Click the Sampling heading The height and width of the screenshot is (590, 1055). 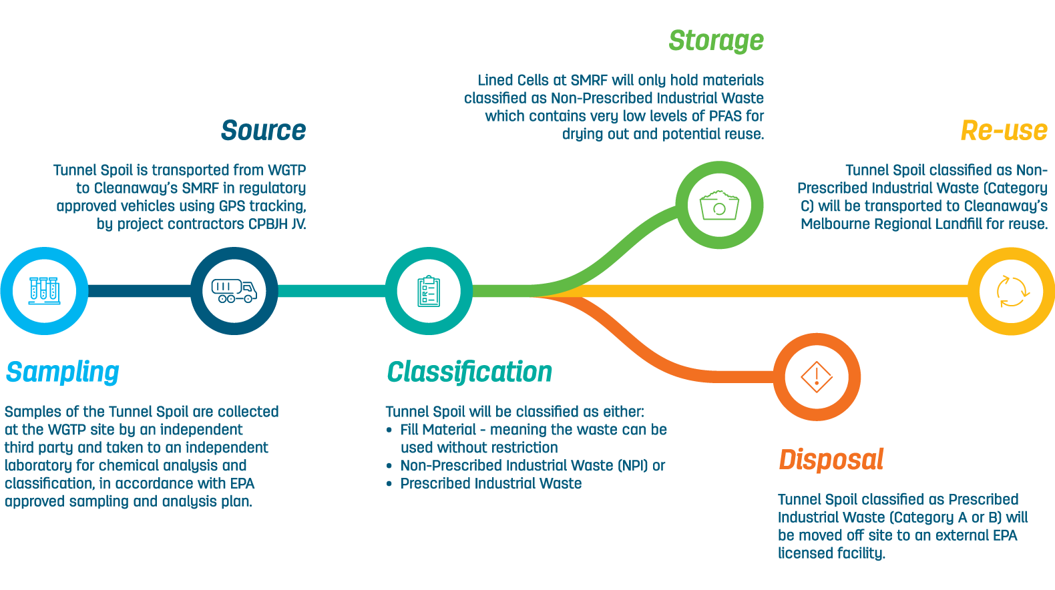tap(63, 372)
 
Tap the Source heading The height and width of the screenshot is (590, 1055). tap(263, 130)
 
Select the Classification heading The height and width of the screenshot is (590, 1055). tap(469, 372)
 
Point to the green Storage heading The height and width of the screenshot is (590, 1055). tap(716, 41)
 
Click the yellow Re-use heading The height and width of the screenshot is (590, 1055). tap(1004, 130)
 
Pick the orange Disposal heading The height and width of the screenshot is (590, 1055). tap(831, 459)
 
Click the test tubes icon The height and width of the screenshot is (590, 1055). tap(44, 291)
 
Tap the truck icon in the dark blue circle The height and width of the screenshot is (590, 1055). tap(234, 290)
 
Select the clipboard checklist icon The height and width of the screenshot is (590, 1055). tap(429, 291)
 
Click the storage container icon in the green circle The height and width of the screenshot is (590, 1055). tap(719, 205)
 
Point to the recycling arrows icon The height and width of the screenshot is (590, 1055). tap(1012, 292)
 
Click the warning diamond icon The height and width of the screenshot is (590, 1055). tap(817, 377)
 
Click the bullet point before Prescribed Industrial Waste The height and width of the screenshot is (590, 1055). tap(389, 484)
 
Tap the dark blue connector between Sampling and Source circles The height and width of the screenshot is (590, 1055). tap(139, 291)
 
